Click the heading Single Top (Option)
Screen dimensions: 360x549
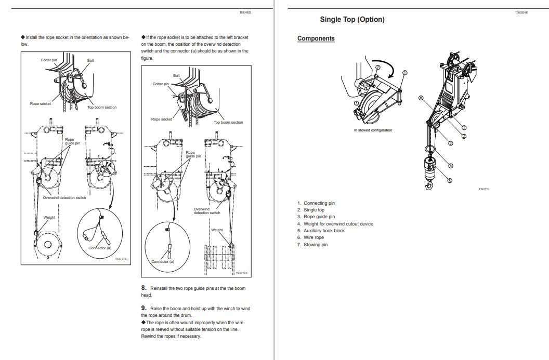pos(352,20)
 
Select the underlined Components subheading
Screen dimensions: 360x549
pos(316,38)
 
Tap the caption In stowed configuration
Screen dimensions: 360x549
pos(373,130)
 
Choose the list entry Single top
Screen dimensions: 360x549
pos(314,210)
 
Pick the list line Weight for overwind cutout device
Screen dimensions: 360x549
pos(338,224)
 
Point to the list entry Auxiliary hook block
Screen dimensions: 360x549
pos(324,231)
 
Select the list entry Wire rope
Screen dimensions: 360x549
pos(313,237)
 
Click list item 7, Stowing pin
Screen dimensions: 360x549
pos(316,245)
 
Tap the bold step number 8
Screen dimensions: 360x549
pos(143,287)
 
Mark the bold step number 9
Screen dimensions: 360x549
pos(143,308)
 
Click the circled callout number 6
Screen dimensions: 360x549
pos(422,98)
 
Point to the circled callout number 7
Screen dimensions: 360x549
pos(377,68)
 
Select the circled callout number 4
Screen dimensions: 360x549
pos(451,166)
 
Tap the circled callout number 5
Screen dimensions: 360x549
pos(450,180)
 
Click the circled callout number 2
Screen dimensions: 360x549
pos(464,136)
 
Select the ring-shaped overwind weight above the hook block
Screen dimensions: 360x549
pos(429,150)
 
